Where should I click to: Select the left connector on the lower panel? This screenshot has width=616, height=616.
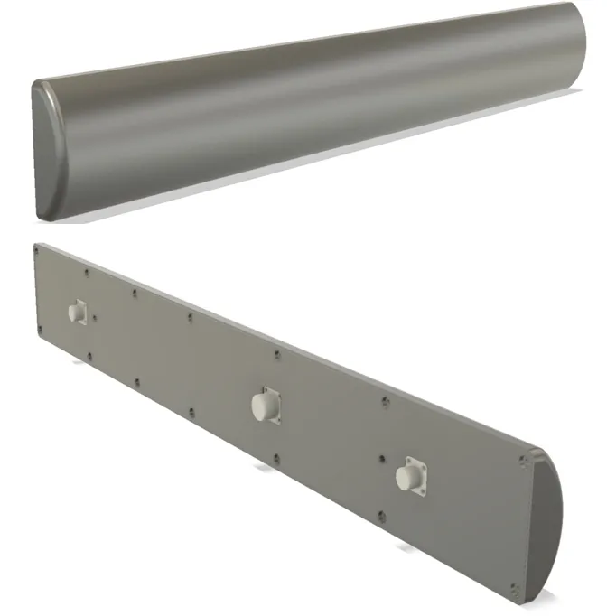76,312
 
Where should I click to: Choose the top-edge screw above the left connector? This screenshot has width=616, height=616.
87,271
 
